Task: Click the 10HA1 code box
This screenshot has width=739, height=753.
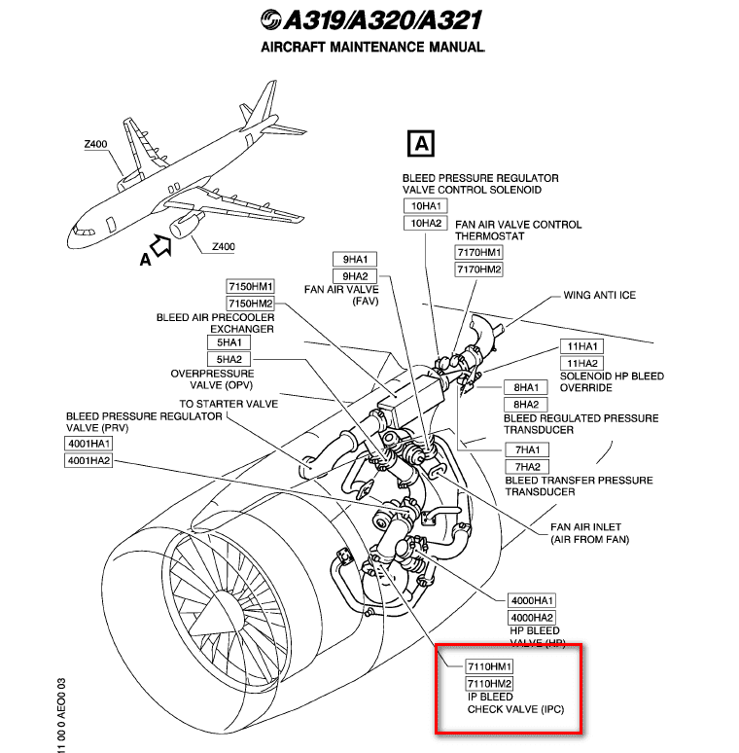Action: point(427,206)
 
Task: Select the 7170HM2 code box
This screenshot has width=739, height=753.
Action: point(479,269)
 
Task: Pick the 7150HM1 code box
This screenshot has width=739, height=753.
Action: point(251,286)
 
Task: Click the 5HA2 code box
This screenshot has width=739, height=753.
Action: point(229,359)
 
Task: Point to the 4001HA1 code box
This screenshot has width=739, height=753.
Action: point(89,443)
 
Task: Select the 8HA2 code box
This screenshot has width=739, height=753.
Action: point(526,404)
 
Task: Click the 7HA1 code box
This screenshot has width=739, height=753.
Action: point(526,448)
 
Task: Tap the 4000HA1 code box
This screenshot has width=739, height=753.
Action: point(532,600)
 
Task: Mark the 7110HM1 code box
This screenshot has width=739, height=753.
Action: point(489,666)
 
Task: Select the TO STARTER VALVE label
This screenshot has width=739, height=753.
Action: point(228,404)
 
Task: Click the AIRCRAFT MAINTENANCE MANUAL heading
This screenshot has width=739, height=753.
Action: point(372,47)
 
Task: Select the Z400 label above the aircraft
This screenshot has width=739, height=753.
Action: point(95,144)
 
